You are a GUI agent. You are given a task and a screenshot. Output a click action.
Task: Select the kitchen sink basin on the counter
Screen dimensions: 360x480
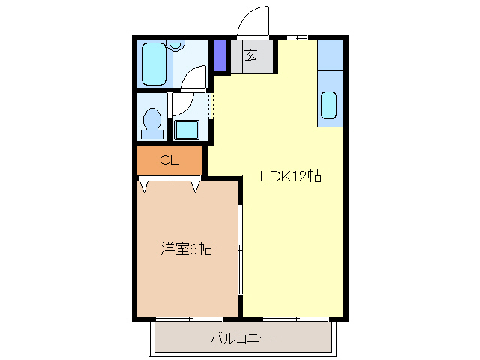click(x=330, y=105)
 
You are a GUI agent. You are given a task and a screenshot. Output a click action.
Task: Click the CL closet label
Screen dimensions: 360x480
click(x=169, y=160)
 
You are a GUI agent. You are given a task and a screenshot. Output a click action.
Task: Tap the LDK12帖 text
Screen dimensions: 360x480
click(x=291, y=177)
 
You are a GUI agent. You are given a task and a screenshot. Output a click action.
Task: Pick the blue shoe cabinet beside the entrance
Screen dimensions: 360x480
click(x=220, y=55)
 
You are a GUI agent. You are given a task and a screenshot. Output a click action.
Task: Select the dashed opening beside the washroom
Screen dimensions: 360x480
click(x=211, y=106)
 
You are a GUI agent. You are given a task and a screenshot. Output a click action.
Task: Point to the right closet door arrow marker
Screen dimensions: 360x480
click(x=196, y=185)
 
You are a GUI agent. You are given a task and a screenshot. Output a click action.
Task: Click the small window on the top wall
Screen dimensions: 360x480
click(x=296, y=37)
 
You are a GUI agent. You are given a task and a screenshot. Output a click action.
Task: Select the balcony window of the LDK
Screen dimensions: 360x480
click(x=296, y=319)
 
